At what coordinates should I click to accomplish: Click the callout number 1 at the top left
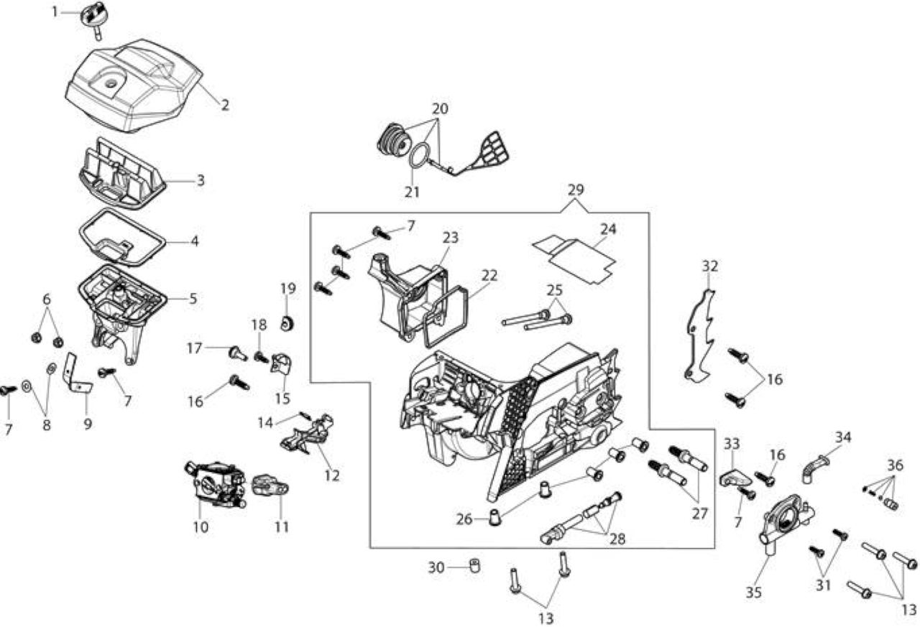[x=55, y=12]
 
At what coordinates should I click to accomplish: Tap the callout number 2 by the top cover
[x=225, y=105]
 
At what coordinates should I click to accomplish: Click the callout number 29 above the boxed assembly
[x=576, y=190]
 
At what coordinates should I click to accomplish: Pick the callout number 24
[x=608, y=229]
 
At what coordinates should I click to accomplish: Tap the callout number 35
[x=754, y=593]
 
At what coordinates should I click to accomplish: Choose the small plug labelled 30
[x=474, y=566]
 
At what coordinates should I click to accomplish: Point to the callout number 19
[x=288, y=289]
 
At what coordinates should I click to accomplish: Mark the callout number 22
[x=489, y=275]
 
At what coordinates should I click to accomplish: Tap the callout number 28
[x=617, y=539]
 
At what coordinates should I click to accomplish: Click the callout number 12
[x=332, y=475]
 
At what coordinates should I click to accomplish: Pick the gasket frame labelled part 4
[x=122, y=238]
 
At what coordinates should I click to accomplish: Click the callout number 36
[x=896, y=465]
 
